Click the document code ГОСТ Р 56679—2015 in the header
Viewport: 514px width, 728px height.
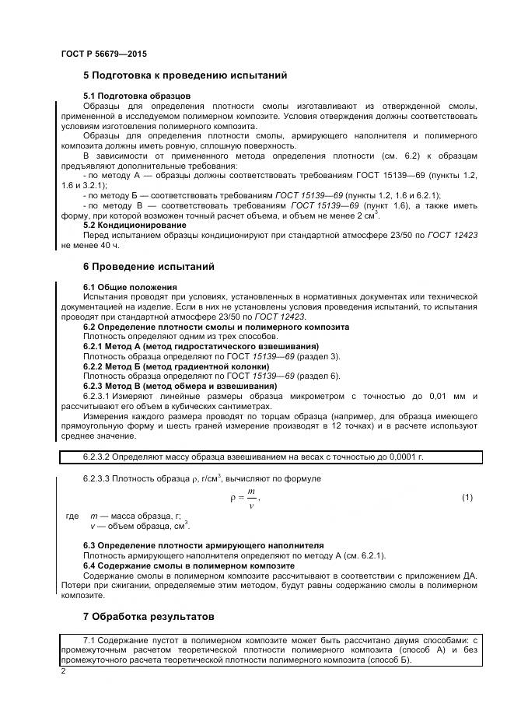pos(103,54)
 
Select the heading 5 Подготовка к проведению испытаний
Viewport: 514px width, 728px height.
pos(185,75)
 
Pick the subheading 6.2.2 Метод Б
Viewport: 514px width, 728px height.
pos(176,366)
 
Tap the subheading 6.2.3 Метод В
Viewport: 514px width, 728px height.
pos(180,386)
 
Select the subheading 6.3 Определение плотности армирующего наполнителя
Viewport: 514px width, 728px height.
pos(203,545)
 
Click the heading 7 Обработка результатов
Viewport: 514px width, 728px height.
pos(148,617)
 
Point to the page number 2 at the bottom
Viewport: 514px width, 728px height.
pos(63,670)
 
